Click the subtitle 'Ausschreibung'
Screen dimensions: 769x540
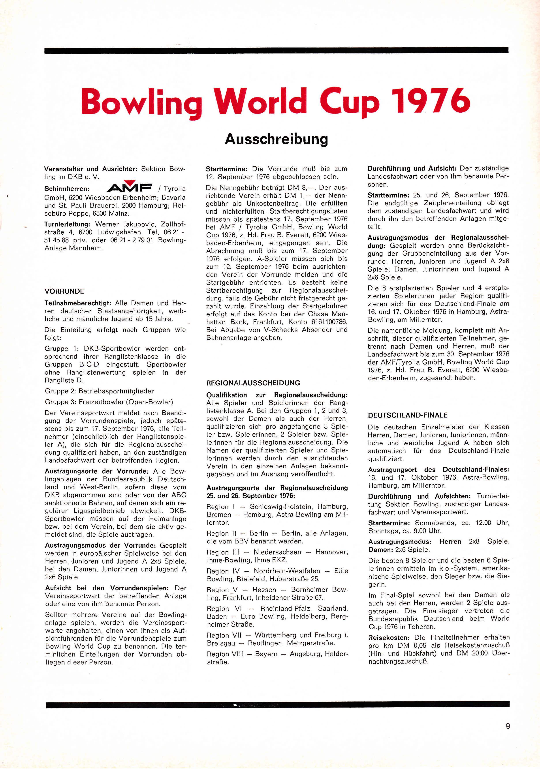[x=276, y=139]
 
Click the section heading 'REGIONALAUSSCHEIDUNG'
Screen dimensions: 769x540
[x=253, y=383]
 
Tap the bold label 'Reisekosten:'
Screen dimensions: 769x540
[x=389, y=637]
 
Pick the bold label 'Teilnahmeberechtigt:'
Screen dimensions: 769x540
[x=78, y=303]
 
